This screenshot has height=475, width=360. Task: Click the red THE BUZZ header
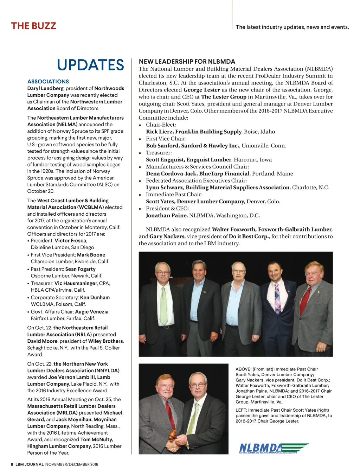33,26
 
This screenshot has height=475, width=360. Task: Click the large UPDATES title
90,65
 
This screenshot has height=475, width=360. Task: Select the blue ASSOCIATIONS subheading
48,81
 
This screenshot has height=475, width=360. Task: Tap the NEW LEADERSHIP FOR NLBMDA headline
187,62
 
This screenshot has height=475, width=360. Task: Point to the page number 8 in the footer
12,464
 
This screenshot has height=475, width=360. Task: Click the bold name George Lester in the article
201,90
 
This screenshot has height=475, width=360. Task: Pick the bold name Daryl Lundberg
45,88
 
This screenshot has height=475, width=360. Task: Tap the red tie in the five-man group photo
305,300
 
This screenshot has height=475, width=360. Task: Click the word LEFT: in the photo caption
242,410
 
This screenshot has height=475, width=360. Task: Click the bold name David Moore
43,341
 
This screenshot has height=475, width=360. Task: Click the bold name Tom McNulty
97,439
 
